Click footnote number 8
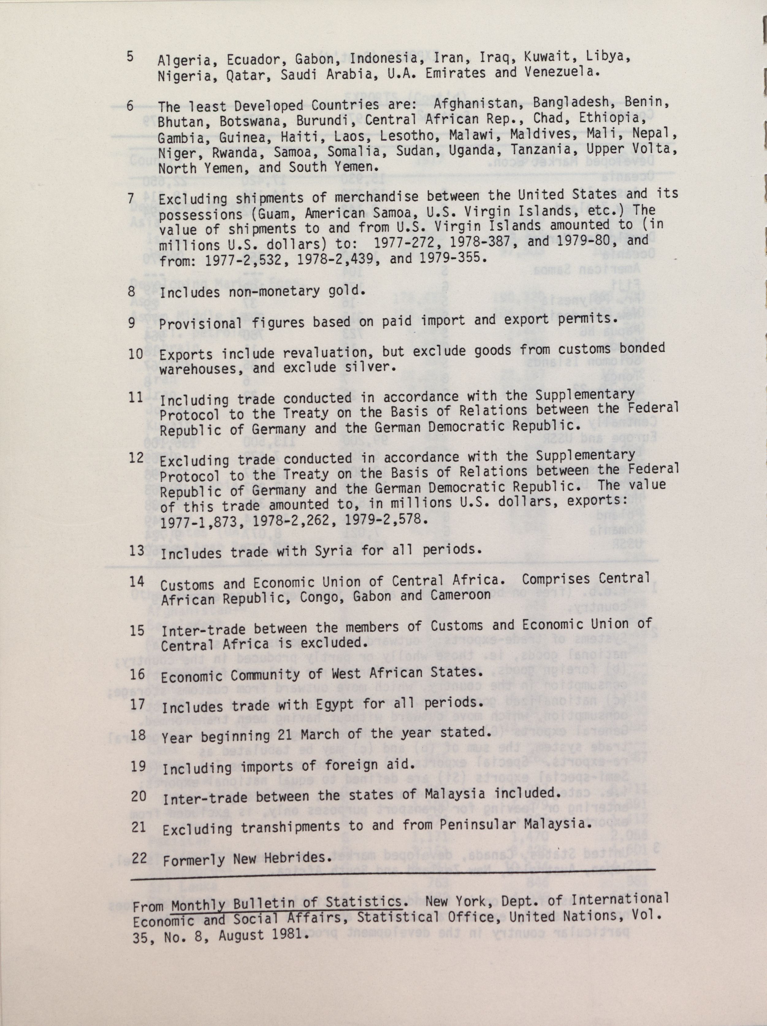(131, 291)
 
